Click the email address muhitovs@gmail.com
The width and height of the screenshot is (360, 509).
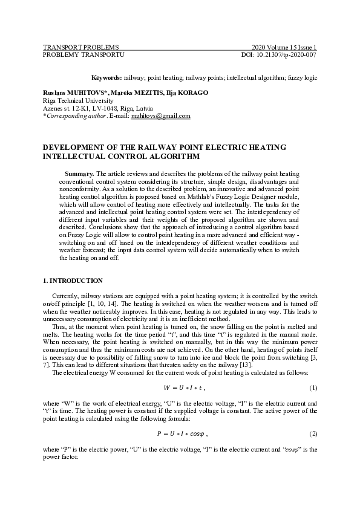pos(160,116)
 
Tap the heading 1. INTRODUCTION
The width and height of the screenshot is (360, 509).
pos(69,282)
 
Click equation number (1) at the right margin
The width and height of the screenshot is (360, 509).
pos(313,387)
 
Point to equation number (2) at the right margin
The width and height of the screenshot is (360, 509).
pos(313,435)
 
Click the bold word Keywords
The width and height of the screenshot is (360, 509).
pos(106,79)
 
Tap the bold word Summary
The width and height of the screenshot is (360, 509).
pos(79,173)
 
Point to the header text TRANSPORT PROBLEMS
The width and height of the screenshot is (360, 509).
pos(80,47)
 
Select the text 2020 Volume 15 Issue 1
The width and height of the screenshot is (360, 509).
pos(284,47)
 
